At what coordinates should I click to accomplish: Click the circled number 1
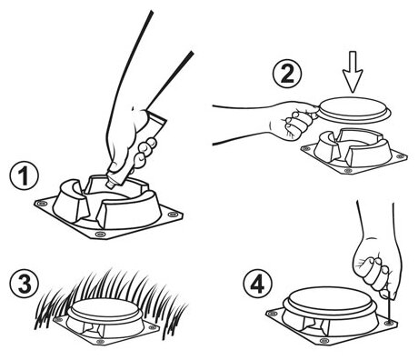(x=24, y=176)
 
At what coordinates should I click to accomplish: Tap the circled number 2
(x=287, y=74)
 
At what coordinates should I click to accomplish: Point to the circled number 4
(x=257, y=285)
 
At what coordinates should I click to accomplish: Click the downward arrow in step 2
(x=353, y=72)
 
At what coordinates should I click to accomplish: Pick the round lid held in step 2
(x=353, y=110)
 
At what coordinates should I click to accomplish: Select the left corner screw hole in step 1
(x=41, y=204)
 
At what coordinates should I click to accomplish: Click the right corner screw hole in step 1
(x=173, y=215)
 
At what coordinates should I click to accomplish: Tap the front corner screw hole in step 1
(x=100, y=234)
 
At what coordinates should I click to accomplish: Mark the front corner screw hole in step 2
(x=348, y=171)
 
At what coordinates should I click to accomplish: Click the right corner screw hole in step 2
(x=401, y=156)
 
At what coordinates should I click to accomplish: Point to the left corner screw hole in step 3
(x=58, y=319)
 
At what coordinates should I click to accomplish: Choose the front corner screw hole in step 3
(x=101, y=342)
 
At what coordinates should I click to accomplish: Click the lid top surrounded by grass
(x=104, y=308)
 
